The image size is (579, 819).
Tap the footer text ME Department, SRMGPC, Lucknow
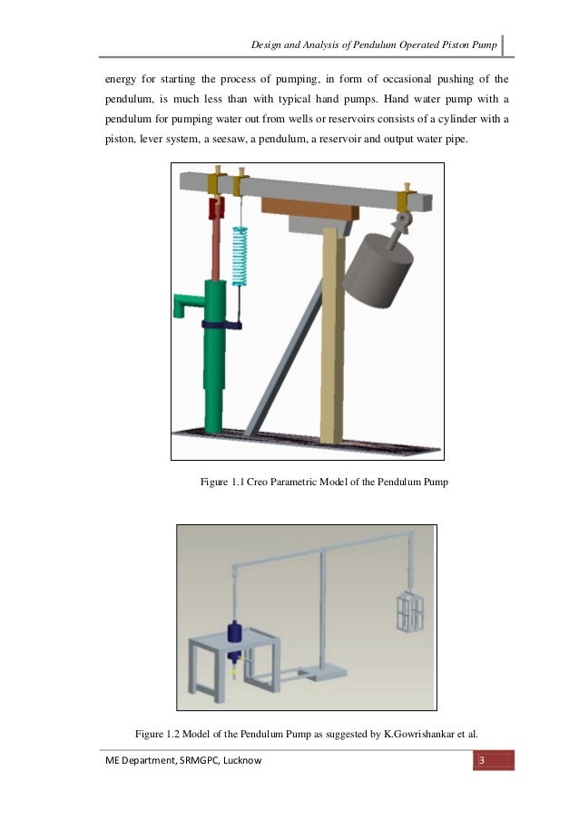click(182, 760)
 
